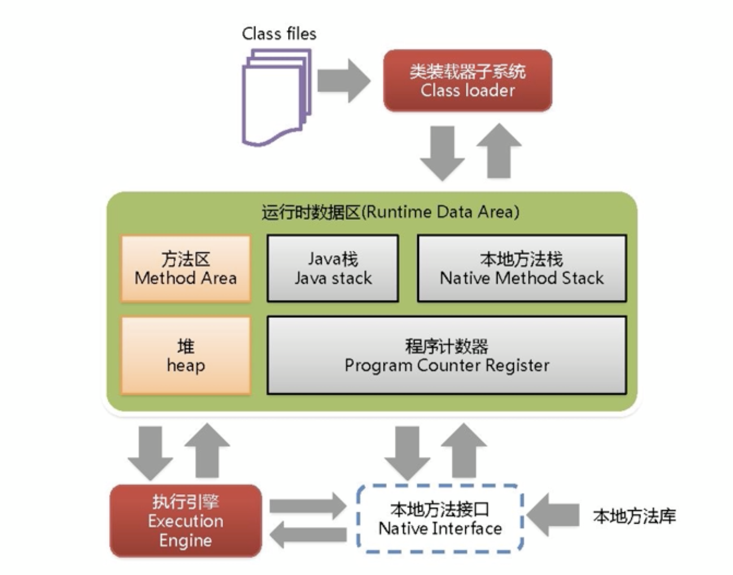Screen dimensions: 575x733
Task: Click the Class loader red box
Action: coord(468,80)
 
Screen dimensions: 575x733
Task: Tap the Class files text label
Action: coord(279,34)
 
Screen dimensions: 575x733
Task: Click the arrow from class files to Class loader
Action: coord(343,81)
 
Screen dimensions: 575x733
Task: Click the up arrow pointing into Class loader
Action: coord(499,151)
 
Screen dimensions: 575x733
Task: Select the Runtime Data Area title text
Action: coord(390,212)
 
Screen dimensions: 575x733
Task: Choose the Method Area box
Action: coord(185,269)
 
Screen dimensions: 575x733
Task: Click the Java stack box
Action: coord(333,269)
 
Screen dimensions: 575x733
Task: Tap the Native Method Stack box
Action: coord(522,269)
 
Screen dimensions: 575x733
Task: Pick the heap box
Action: coord(185,355)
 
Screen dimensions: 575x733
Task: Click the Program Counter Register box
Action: coord(446,355)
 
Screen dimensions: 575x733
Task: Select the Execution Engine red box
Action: coord(185,521)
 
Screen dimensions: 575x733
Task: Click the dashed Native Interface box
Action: coord(440,519)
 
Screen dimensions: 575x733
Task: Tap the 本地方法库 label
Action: coord(634,516)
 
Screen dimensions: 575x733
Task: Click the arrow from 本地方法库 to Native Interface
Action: coord(553,515)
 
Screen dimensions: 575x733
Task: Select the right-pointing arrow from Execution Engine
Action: coord(308,506)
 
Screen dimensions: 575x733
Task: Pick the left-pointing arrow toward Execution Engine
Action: coord(308,534)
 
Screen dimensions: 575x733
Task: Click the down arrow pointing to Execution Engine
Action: coord(150,452)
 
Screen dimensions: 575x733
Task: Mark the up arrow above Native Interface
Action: coord(464,451)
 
